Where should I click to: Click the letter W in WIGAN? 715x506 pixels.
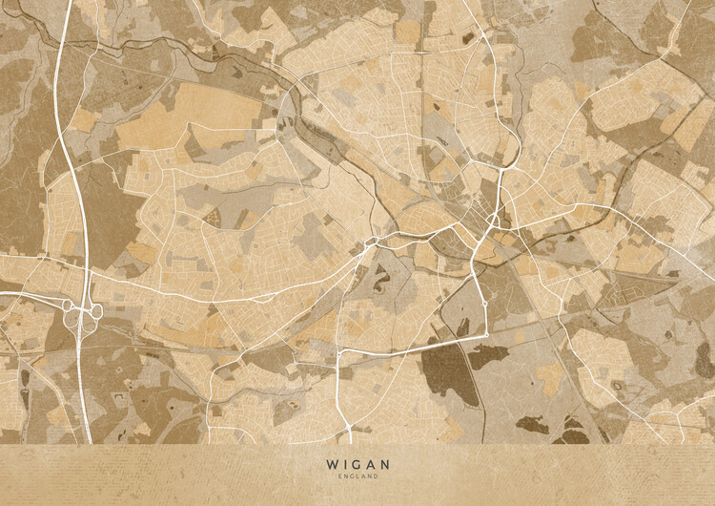click(331, 464)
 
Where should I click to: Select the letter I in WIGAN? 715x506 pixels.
click(342, 464)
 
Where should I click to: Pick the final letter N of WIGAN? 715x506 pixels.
click(384, 464)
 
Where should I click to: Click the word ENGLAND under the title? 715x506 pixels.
click(357, 475)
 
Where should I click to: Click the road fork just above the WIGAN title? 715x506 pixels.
click(350, 428)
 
